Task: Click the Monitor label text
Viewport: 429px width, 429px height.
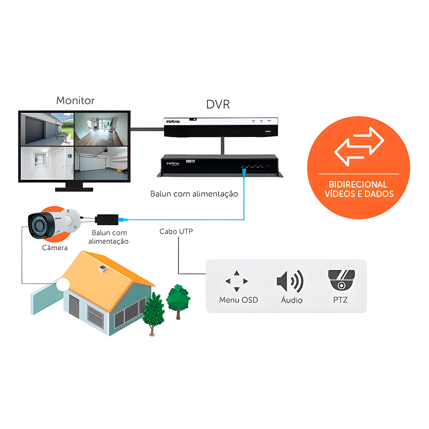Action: click(x=76, y=101)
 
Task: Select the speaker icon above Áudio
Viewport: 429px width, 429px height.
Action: click(x=290, y=281)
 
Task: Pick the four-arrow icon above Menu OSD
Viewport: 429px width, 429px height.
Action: click(x=237, y=281)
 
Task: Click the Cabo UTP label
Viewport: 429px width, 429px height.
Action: click(x=176, y=231)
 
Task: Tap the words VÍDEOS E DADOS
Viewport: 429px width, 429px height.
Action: click(x=359, y=193)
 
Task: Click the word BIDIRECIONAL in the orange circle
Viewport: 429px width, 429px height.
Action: click(x=359, y=184)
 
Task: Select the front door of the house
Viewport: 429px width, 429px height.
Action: click(x=75, y=308)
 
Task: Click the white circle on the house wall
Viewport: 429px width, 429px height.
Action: click(x=63, y=285)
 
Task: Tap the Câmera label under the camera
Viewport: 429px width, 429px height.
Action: click(x=54, y=248)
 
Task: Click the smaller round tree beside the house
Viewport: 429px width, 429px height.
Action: click(x=178, y=297)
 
